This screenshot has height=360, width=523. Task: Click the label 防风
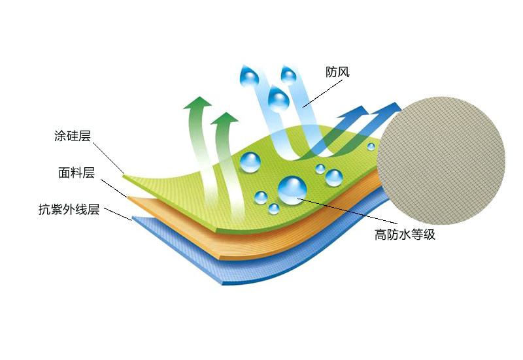[x=338, y=72]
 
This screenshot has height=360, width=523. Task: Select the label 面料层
[x=76, y=173]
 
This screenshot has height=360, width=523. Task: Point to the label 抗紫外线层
[x=69, y=210]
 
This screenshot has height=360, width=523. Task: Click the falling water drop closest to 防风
[x=288, y=76]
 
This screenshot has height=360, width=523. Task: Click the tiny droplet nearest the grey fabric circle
[x=371, y=146]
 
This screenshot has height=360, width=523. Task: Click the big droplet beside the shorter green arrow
[x=250, y=161]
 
